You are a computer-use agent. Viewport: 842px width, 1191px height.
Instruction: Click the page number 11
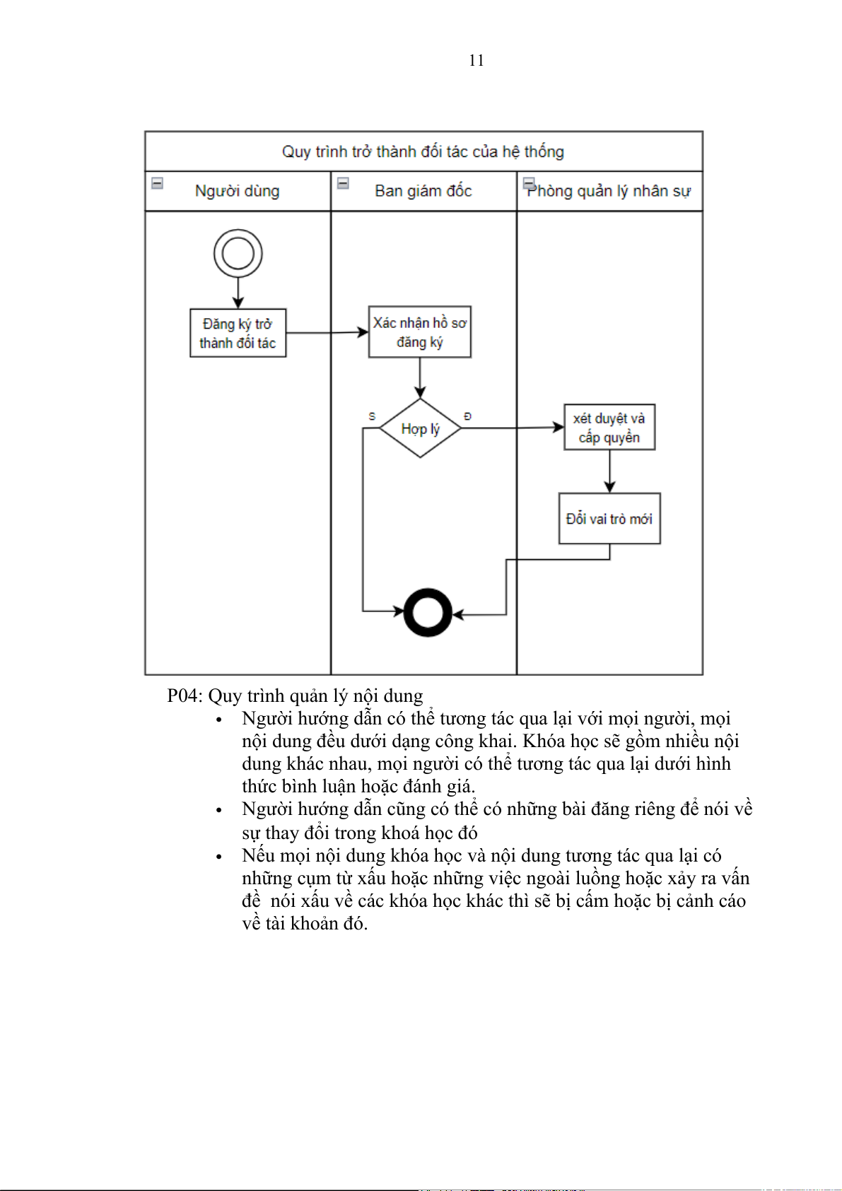476,61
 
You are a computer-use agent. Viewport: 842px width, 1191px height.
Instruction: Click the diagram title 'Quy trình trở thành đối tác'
423,151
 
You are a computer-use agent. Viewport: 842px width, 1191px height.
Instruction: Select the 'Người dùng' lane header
237,191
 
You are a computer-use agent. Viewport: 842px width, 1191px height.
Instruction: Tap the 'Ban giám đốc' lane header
423,191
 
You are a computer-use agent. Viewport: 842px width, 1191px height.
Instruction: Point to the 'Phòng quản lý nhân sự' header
609,191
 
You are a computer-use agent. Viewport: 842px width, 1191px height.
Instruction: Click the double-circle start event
238,253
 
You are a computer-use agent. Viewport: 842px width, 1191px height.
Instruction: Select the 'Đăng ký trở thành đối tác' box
238,333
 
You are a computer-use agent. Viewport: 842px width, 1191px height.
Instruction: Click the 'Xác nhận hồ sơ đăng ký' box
420,332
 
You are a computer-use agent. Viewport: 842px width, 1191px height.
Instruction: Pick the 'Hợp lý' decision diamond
421,428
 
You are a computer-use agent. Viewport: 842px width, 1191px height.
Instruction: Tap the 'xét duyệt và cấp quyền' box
609,428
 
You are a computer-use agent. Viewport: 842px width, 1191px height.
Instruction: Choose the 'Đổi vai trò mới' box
609,519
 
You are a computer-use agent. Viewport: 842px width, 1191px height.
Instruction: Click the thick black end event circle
428,612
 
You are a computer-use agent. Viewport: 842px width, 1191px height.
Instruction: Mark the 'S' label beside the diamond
372,416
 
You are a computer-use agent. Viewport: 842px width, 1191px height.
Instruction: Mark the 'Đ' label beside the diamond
467,416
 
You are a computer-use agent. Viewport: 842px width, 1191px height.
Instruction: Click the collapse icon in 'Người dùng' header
158,183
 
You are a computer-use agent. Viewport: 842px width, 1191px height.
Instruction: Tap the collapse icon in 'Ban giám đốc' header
343,183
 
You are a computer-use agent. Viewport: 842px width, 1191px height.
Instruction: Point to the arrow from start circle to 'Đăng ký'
238,293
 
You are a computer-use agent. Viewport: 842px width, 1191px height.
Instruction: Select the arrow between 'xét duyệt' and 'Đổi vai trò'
609,471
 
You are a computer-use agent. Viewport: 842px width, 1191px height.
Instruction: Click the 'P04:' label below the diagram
185,696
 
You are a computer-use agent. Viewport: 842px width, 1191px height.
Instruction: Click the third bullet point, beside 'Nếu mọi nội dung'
219,857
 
